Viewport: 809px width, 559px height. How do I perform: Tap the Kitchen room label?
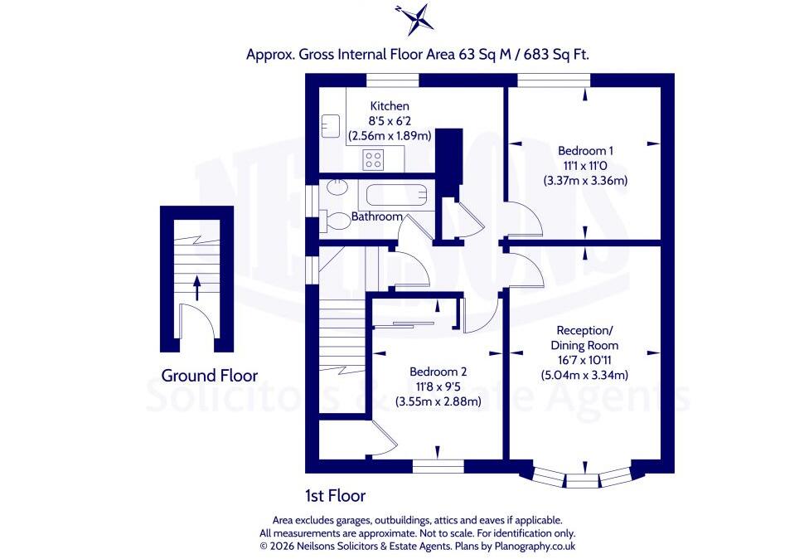tap(390, 106)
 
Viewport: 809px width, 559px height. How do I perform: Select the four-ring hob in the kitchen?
tap(373, 159)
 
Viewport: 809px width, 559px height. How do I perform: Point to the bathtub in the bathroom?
tap(397, 196)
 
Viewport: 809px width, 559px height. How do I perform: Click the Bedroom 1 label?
tap(585, 151)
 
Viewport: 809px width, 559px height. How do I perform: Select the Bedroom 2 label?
tap(438, 372)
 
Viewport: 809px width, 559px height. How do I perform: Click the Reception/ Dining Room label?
tap(584, 338)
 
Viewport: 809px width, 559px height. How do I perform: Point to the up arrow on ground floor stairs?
tap(196, 288)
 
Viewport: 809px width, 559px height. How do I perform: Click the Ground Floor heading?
tap(210, 375)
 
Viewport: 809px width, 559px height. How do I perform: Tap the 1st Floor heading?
tap(336, 496)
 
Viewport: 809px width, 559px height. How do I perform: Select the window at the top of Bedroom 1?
tap(555, 80)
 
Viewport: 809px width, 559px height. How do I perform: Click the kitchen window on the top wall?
tap(392, 80)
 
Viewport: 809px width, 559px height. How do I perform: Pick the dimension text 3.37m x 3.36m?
tap(585, 181)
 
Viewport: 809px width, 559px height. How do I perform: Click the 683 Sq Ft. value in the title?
tap(556, 54)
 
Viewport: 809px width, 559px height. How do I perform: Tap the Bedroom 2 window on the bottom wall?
tap(438, 467)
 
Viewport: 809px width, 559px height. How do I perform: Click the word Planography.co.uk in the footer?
tap(535, 546)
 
